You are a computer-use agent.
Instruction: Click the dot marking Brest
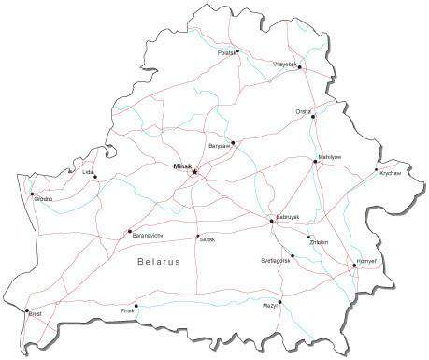click(27, 310)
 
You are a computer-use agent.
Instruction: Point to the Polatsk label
click(226, 54)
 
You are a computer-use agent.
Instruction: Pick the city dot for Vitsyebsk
click(300, 67)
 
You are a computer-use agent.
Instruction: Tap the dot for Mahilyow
click(315, 162)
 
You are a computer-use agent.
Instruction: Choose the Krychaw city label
click(391, 173)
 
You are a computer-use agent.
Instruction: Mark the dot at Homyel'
click(354, 266)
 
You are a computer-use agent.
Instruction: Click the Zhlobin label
click(319, 242)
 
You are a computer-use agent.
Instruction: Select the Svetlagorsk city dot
click(292, 255)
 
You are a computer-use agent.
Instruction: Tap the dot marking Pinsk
click(136, 305)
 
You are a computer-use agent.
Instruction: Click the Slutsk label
click(207, 239)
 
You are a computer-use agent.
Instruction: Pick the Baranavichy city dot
click(129, 232)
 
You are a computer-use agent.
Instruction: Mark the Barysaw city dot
click(232, 144)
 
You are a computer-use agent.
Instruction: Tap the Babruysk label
click(287, 216)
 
